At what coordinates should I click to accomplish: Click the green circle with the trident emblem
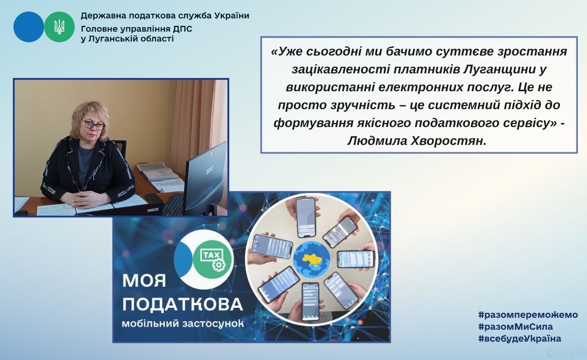coord(59,27)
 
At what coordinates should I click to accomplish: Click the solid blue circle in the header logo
coord(28,27)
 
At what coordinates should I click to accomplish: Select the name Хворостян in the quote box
coord(449,141)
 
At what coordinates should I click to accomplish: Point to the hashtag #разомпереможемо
coord(528,315)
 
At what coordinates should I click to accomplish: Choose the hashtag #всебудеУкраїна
coord(520,338)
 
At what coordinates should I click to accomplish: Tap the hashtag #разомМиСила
coord(515,327)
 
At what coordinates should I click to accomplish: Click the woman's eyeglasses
coord(93,125)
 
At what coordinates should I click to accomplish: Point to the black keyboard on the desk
coord(173,205)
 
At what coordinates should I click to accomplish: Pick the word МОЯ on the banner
coord(144,281)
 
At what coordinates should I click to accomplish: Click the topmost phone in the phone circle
coord(306,217)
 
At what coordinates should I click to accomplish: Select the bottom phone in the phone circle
coord(310,301)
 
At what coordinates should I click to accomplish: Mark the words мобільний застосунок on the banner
coord(183,324)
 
